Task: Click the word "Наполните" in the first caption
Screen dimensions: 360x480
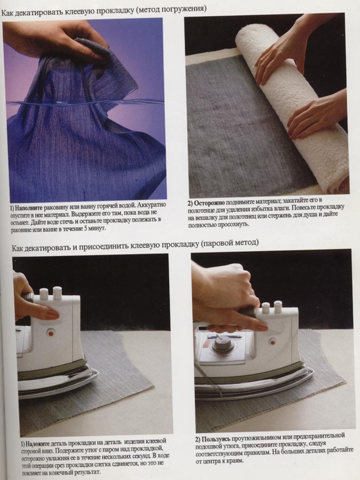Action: pos(29,208)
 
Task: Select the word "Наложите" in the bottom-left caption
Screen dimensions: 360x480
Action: pos(37,444)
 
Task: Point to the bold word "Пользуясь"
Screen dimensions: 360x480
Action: pos(216,439)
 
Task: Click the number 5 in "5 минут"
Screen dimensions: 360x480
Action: pos(86,228)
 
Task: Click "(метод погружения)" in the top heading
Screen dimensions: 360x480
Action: pos(171,9)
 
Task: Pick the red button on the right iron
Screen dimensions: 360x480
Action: pos(272,342)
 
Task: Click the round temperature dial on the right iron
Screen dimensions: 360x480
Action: pos(221,343)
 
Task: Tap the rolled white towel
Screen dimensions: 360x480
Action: pos(294,107)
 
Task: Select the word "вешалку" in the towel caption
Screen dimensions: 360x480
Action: pos(203,218)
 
